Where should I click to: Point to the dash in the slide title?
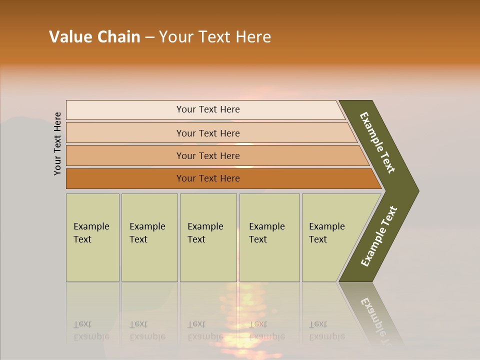pyautogui.click(x=149, y=37)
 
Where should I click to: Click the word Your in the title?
pyautogui.click(x=174, y=37)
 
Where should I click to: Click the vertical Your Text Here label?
pyautogui.click(x=57, y=143)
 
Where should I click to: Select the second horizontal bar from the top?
pyautogui.click(x=208, y=133)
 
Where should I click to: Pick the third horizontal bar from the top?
pyautogui.click(x=208, y=155)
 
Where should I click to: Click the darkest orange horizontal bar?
pyautogui.click(x=208, y=178)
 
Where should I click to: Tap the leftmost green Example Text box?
pyautogui.click(x=92, y=237)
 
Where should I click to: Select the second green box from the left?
pyautogui.click(x=149, y=237)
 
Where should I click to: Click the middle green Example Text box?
pyautogui.click(x=208, y=237)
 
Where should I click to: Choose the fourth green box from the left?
pyautogui.click(x=269, y=237)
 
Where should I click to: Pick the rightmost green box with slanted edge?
pyautogui.click(x=330, y=237)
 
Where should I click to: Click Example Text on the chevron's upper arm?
pyautogui.click(x=377, y=142)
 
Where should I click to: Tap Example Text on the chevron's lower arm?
pyautogui.click(x=378, y=236)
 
